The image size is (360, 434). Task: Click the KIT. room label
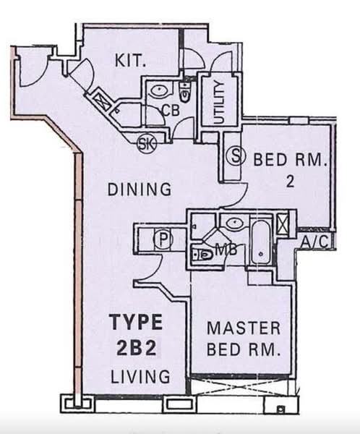130,60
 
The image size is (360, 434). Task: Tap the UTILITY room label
219,103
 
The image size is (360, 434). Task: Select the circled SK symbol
147,144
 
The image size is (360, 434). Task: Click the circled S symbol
236,156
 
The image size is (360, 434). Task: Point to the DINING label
140,190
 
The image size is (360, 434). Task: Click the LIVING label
140,376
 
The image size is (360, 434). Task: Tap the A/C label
314,242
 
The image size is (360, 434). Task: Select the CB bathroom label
171,110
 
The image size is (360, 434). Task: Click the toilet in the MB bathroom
202,254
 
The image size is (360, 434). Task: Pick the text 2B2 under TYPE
137,349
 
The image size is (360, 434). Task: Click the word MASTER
244,328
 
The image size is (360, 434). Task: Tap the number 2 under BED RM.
290,182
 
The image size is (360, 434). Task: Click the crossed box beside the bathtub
283,224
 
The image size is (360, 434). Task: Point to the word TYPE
137,322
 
